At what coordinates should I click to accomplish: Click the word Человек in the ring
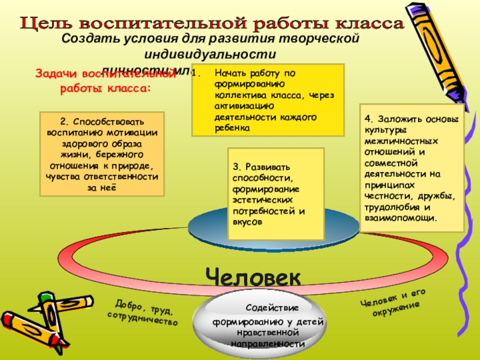tap(253, 277)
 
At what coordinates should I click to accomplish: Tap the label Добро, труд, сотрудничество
tap(143, 313)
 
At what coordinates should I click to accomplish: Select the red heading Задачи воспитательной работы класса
tap(106, 81)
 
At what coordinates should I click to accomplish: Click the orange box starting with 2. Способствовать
tap(102, 154)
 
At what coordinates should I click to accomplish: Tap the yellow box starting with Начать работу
tap(268, 100)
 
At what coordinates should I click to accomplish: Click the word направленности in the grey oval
tap(265, 344)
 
